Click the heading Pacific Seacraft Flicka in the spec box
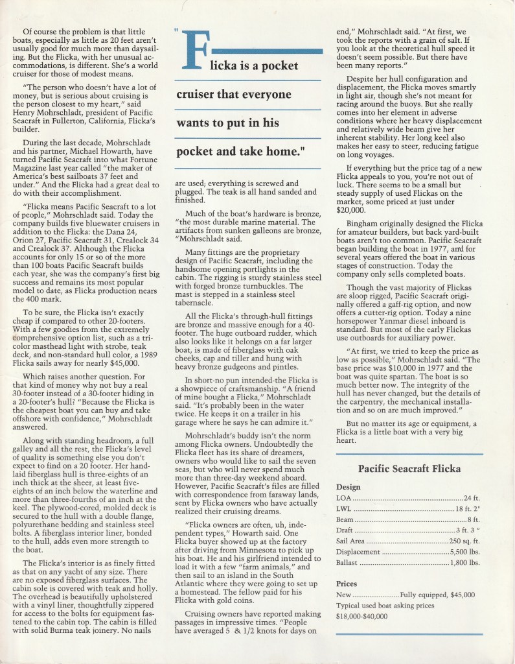(x=409, y=469)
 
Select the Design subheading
(x=349, y=487)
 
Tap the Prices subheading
(x=347, y=583)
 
